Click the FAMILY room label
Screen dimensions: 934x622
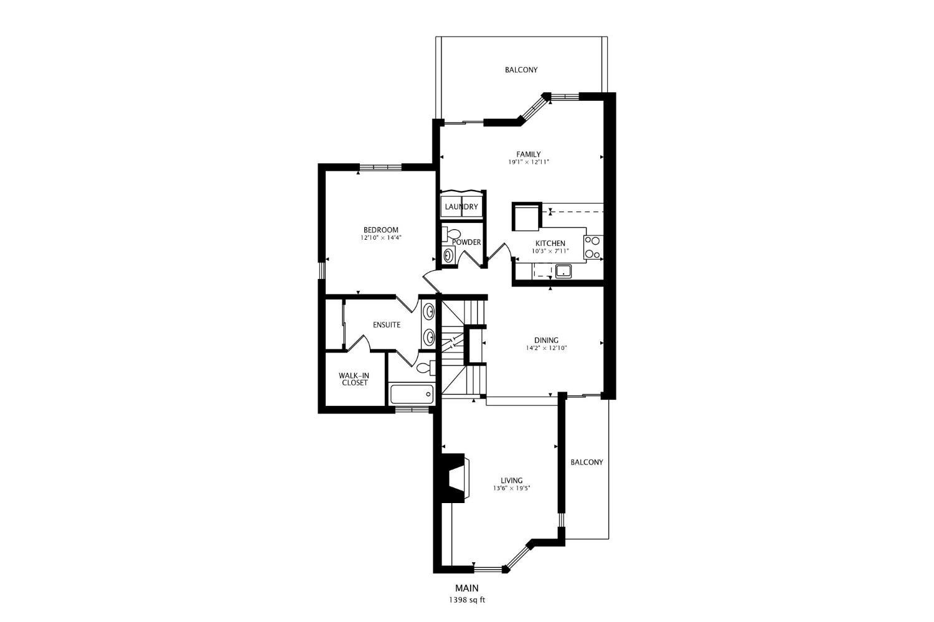pos(528,154)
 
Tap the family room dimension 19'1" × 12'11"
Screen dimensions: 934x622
pos(528,162)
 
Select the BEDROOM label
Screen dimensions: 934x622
pos(380,230)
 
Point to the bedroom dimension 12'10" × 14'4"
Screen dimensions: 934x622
pos(380,238)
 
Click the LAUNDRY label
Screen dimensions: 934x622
pos(461,207)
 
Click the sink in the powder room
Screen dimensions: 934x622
pos(448,255)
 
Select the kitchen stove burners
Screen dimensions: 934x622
pos(593,247)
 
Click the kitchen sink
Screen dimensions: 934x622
pos(564,271)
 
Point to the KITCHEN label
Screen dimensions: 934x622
pos(550,243)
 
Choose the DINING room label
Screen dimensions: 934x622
pos(546,340)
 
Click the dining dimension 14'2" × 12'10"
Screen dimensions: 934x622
pos(546,348)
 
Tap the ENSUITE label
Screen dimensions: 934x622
pos(387,325)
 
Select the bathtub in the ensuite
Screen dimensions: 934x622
pos(412,394)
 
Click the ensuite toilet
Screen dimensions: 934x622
pos(425,368)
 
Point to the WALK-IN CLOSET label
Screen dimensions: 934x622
pos(354,379)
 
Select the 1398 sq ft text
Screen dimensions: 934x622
pos(466,600)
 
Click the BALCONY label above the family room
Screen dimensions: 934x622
pos(521,70)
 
